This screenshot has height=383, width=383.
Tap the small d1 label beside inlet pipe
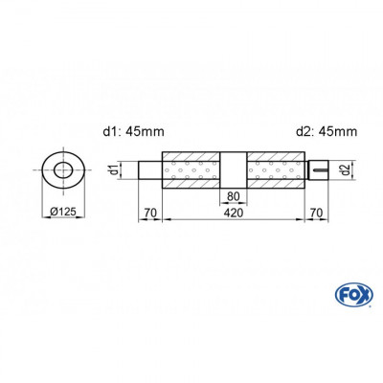(x=113, y=171)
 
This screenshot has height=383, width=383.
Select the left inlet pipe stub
(x=150, y=172)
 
